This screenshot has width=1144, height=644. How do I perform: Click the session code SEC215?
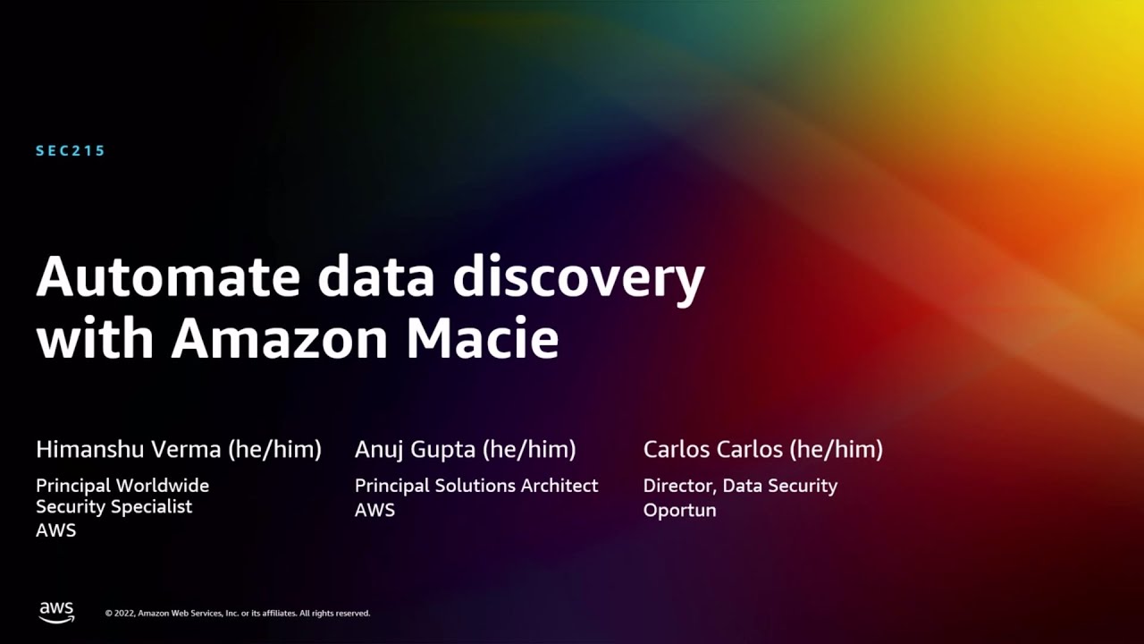[x=71, y=151]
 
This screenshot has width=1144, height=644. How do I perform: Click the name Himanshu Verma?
[x=129, y=449]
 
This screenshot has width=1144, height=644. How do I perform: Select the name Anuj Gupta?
[x=415, y=449]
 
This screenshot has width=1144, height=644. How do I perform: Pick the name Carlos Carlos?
[x=713, y=449]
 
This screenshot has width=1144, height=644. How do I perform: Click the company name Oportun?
[x=679, y=510]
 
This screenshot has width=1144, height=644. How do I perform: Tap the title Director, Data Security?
[x=740, y=486]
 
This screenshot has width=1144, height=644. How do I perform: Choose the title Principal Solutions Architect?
[x=476, y=486]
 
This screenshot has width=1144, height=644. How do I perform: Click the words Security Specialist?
[x=114, y=507]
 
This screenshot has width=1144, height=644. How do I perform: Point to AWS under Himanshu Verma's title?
[x=55, y=530]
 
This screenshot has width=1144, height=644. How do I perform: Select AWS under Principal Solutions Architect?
[x=374, y=510]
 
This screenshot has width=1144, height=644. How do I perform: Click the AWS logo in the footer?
[x=56, y=612]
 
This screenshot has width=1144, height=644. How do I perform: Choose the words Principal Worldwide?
[x=122, y=486]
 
